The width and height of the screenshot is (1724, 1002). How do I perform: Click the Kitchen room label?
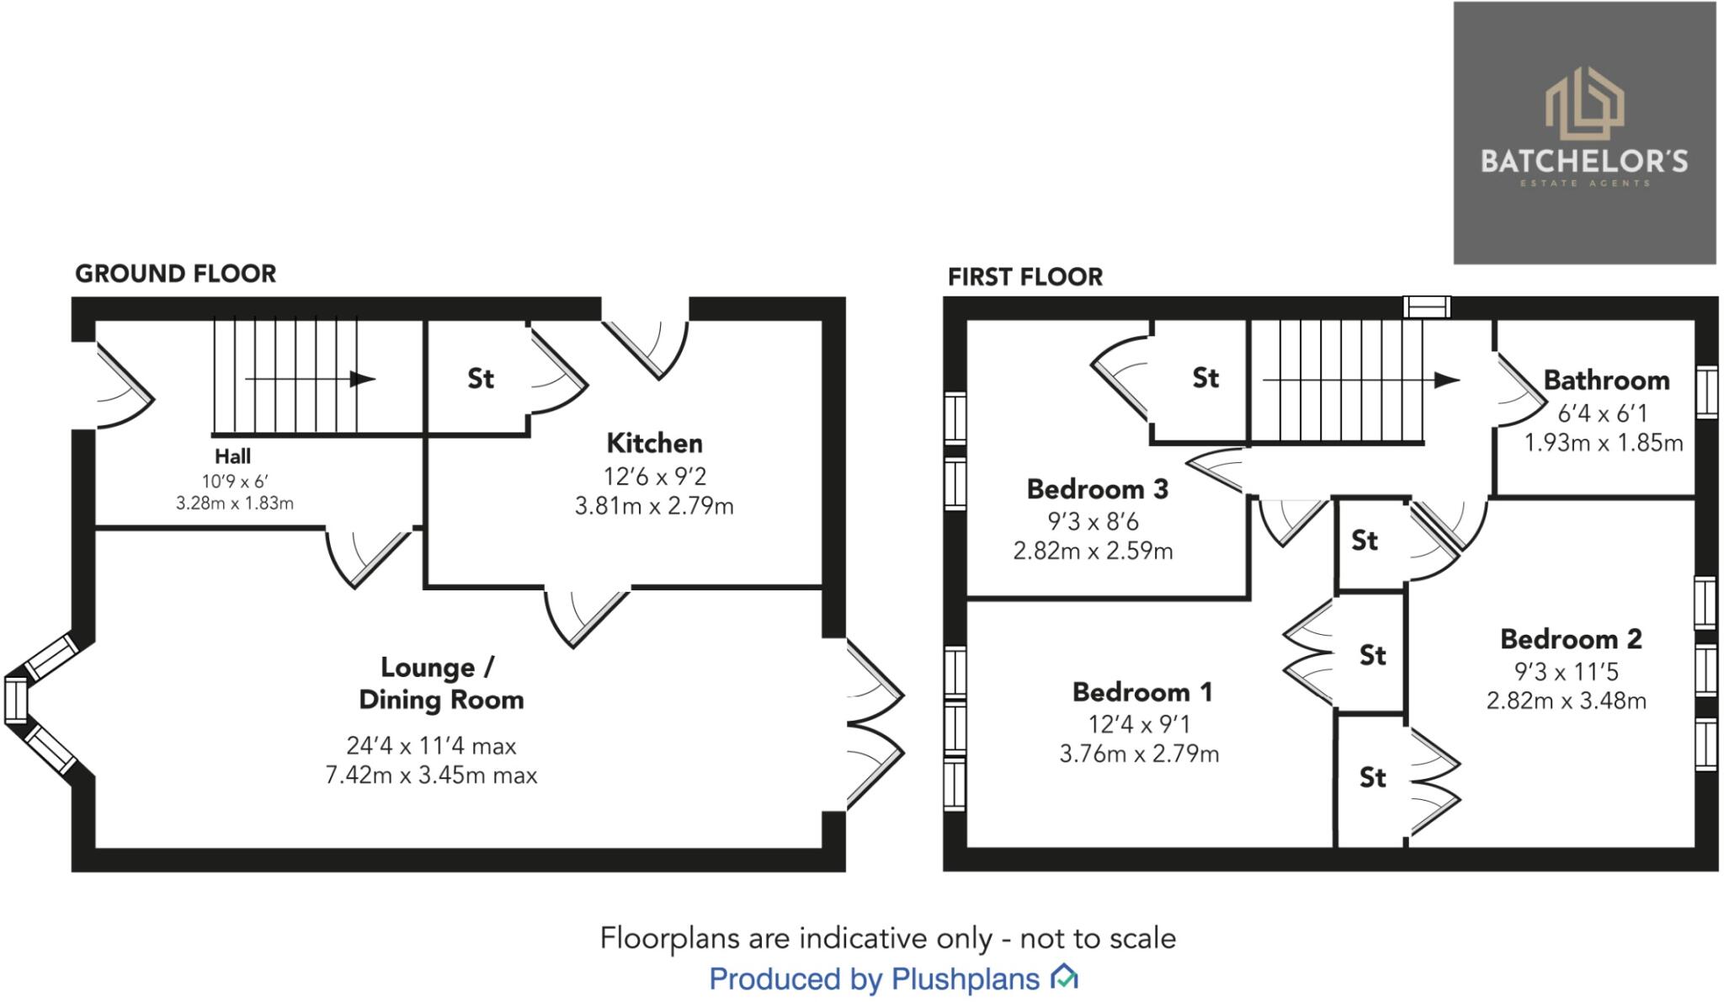tap(654, 443)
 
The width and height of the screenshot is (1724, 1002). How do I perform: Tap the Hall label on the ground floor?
tap(232, 456)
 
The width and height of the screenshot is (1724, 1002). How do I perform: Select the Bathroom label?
tap(1606, 381)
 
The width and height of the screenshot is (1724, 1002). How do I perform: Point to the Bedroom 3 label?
tap(1098, 489)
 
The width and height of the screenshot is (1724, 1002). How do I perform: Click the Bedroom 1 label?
tap(1142, 692)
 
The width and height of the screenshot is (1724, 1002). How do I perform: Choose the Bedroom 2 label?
tap(1571, 639)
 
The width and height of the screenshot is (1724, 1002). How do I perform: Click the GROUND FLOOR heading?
tap(175, 274)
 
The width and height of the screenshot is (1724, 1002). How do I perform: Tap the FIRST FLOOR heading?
tap(1024, 277)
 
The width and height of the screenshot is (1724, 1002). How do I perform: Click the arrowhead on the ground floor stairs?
tap(363, 379)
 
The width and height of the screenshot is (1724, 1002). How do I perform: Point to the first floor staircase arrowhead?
tap(1446, 380)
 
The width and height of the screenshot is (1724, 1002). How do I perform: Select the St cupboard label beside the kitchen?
tap(481, 379)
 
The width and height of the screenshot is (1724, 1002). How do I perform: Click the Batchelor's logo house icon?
tap(1584, 104)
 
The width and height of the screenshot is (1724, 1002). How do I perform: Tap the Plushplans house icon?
tap(1064, 978)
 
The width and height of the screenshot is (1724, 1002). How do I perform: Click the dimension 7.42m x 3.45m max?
tap(431, 775)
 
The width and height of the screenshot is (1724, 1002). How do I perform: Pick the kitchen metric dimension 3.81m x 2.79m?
tap(654, 507)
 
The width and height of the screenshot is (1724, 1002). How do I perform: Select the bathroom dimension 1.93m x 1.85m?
tap(1604, 443)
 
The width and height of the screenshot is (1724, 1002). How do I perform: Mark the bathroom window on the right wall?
tap(1706, 392)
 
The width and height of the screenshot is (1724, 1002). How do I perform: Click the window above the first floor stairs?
tap(1427, 306)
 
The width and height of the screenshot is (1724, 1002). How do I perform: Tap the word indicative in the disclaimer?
tap(867, 938)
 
